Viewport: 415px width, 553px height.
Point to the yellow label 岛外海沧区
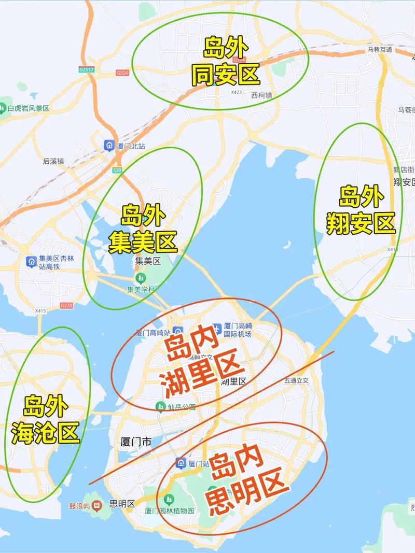click(x=46, y=420)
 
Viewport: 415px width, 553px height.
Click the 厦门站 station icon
click(x=181, y=463)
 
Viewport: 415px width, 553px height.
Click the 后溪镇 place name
click(x=53, y=161)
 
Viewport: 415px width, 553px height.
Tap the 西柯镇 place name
click(x=261, y=95)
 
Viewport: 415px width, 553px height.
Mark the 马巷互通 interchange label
click(x=380, y=50)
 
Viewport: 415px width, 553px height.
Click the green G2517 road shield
click(x=86, y=69)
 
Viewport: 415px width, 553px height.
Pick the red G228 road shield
click(x=66, y=306)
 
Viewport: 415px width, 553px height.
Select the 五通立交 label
click(x=296, y=380)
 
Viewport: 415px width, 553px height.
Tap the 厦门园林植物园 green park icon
click(x=168, y=499)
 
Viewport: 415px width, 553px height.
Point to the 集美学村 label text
click(x=141, y=289)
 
